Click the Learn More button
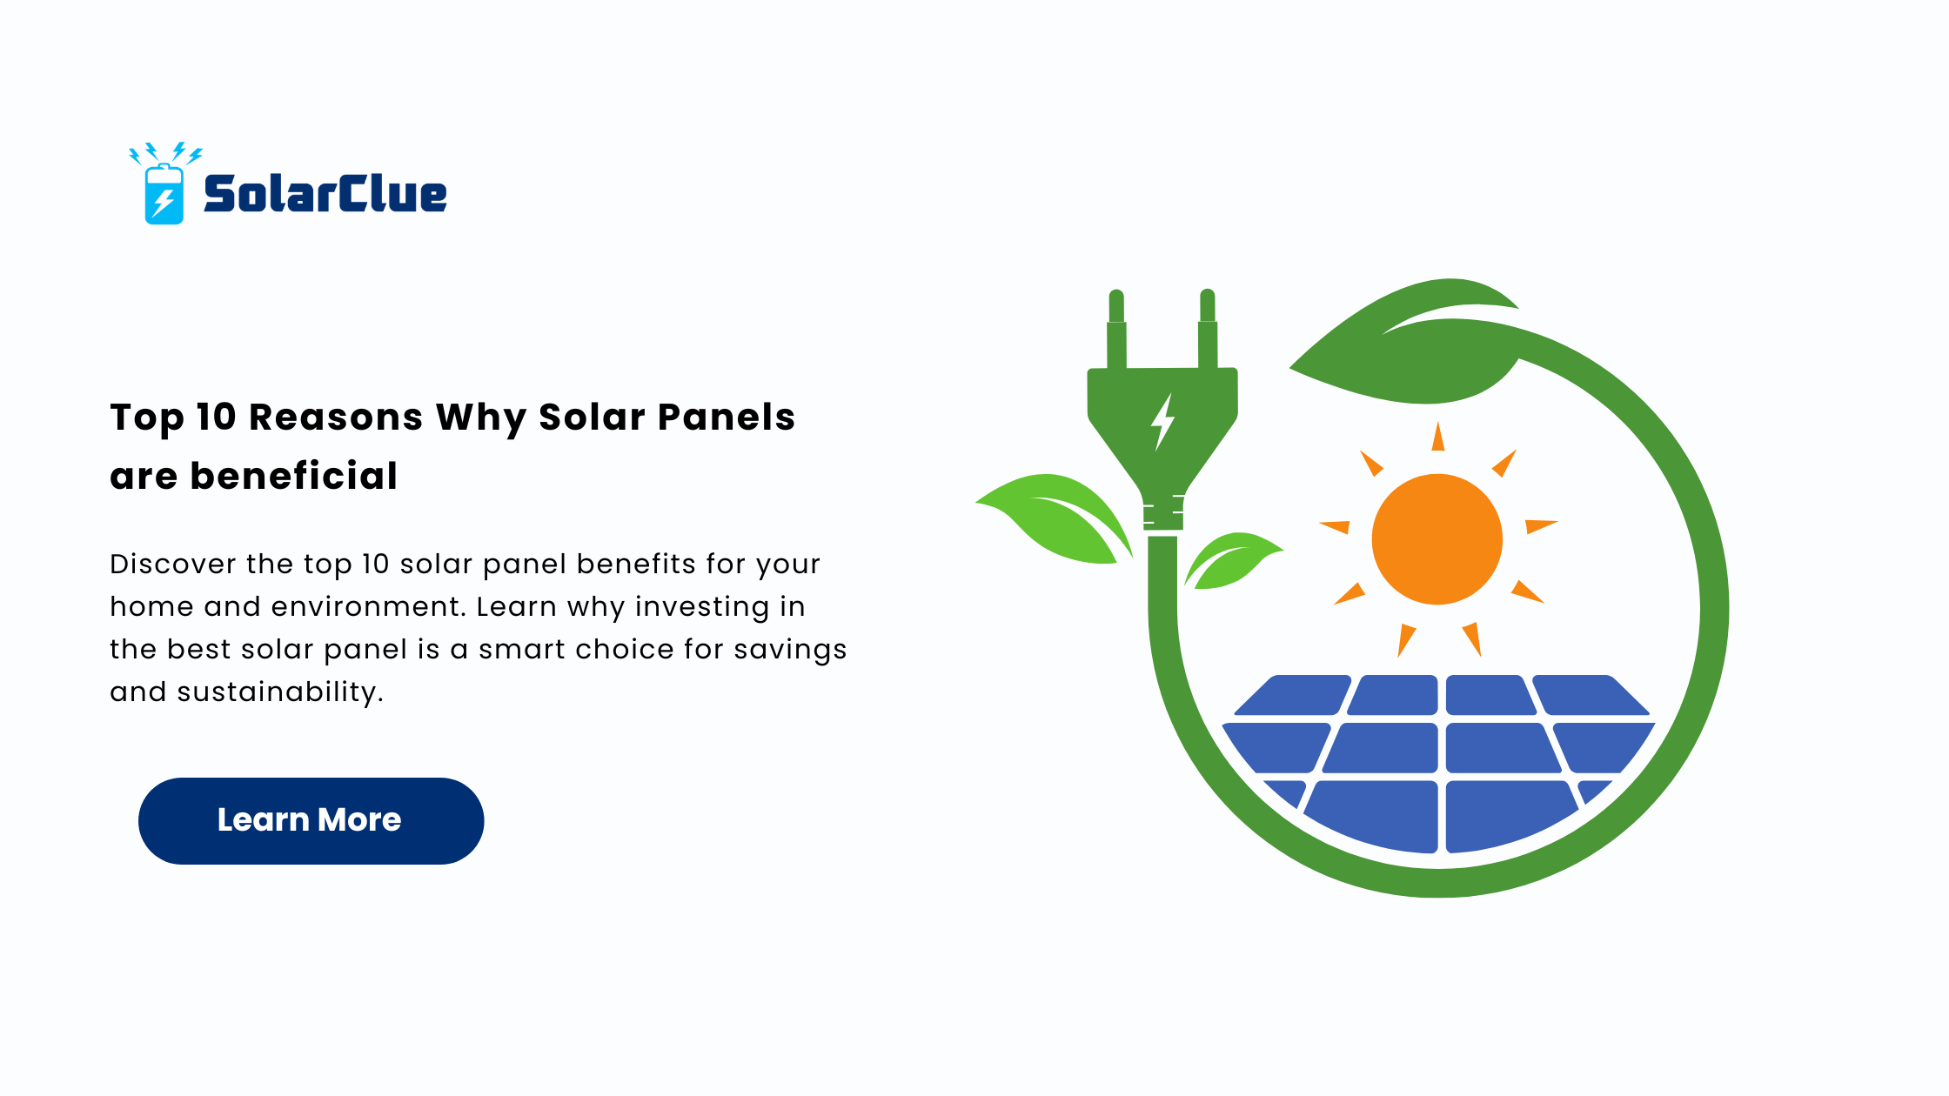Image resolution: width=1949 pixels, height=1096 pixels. pyautogui.click(x=311, y=820)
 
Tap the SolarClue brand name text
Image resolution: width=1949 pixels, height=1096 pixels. pyautogui.click(x=325, y=193)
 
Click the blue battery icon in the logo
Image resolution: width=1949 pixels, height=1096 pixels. pyautogui.click(x=164, y=194)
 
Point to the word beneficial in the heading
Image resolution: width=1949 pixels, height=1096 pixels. pyautogui.click(x=294, y=476)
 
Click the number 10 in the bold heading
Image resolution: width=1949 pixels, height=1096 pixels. pyautogui.click(x=217, y=418)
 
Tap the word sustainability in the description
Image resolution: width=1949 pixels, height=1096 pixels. pyautogui.click(x=280, y=692)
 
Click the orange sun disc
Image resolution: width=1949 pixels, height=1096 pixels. pyautogui.click(x=1437, y=539)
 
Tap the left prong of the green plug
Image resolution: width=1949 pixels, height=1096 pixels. pyautogui.click(x=1116, y=330)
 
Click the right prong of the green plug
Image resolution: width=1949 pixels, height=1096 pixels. pyautogui.click(x=1207, y=330)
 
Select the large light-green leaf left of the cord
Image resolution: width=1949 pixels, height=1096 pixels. pyautogui.click(x=1055, y=518)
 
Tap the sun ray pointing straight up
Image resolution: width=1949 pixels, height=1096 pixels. pyautogui.click(x=1438, y=437)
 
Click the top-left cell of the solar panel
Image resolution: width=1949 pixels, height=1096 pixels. pyautogui.click(x=1293, y=695)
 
